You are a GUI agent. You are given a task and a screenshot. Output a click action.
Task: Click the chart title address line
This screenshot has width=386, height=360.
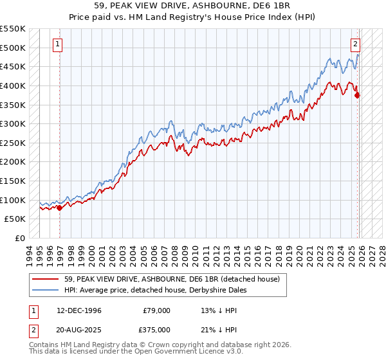pyautogui.click(x=192, y=7)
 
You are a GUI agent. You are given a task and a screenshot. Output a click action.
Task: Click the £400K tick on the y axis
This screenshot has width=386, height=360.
pyautogui.click(x=13, y=85)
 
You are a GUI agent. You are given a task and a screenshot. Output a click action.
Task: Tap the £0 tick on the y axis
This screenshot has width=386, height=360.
pyautogui.click(x=20, y=238)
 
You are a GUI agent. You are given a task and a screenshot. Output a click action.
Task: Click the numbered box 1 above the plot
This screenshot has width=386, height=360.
pyautogui.click(x=58, y=44)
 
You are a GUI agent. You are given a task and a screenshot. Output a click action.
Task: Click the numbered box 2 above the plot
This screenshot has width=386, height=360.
pyautogui.click(x=354, y=44)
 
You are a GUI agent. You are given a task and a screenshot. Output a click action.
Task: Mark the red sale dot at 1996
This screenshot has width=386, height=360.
pyautogui.click(x=59, y=208)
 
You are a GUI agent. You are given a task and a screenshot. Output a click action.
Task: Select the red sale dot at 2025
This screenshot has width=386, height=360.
pyautogui.click(x=358, y=95)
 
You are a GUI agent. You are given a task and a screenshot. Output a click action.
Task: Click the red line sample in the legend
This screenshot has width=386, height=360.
pyautogui.click(x=46, y=280)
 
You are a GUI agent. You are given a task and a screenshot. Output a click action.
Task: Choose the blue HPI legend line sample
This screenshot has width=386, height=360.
pyautogui.click(x=46, y=290)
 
